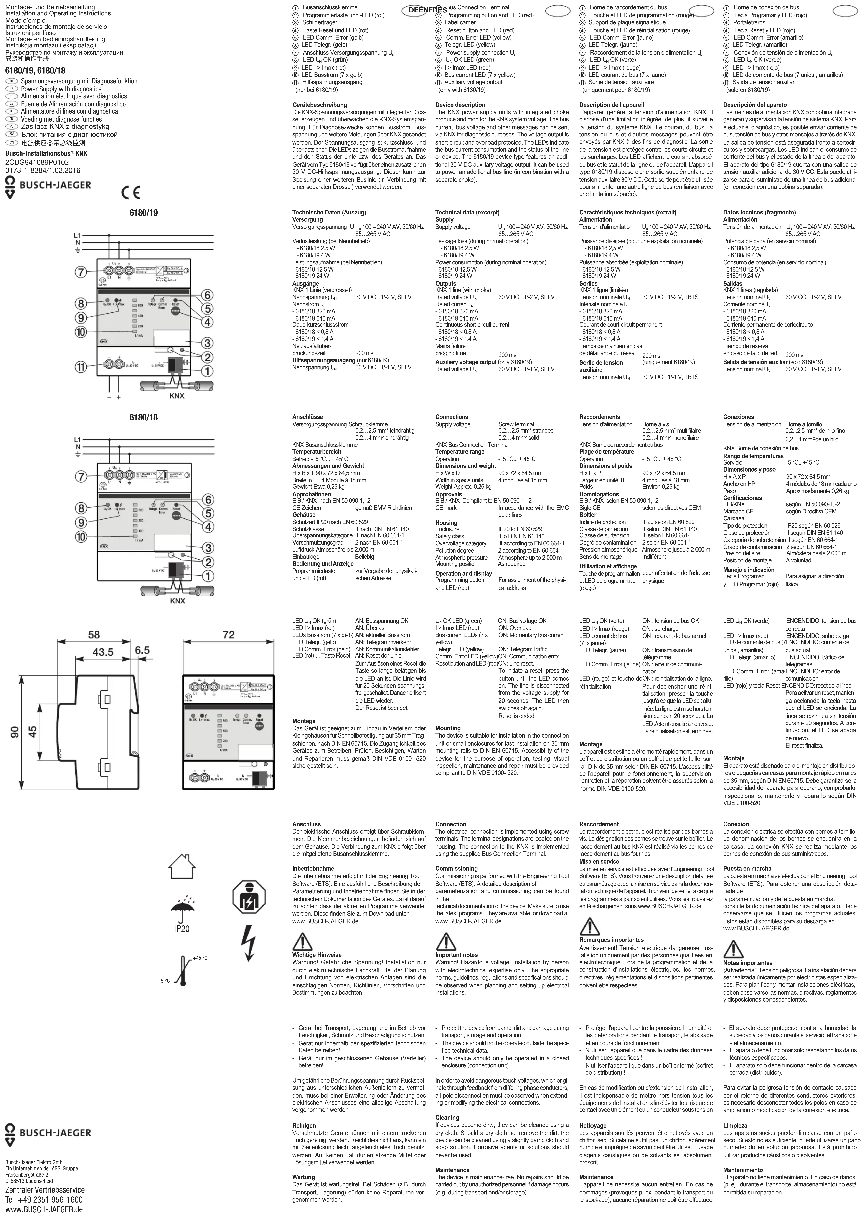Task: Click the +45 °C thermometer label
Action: [x=200, y=958]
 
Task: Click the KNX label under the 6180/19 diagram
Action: [x=177, y=396]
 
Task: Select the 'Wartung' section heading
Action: [x=304, y=1177]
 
